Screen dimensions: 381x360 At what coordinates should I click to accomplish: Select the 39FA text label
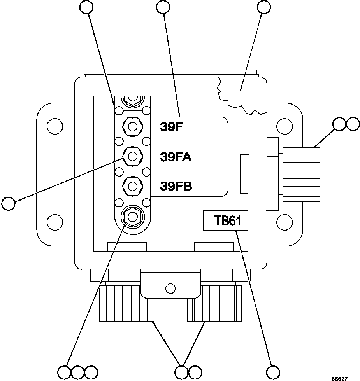pyautogui.click(x=176, y=157)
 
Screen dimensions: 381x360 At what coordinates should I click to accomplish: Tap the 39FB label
pyautogui.click(x=176, y=186)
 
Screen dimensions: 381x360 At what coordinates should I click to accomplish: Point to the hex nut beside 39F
pyautogui.click(x=132, y=126)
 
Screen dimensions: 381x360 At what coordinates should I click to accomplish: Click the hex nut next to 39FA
pyautogui.click(x=132, y=156)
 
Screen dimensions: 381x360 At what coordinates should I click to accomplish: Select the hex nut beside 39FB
pyautogui.click(x=132, y=186)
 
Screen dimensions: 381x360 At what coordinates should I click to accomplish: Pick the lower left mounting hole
pyautogui.click(x=54, y=222)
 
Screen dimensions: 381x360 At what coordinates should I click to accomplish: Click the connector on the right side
pyautogui.click(x=301, y=174)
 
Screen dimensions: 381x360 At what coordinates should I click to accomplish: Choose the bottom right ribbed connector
pyautogui.click(x=214, y=303)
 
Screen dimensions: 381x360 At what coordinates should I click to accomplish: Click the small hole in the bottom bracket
pyautogui.click(x=170, y=288)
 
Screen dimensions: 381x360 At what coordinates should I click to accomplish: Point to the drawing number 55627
pyautogui.click(x=339, y=378)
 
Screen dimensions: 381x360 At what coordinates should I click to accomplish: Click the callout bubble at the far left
pyautogui.click(x=9, y=203)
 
